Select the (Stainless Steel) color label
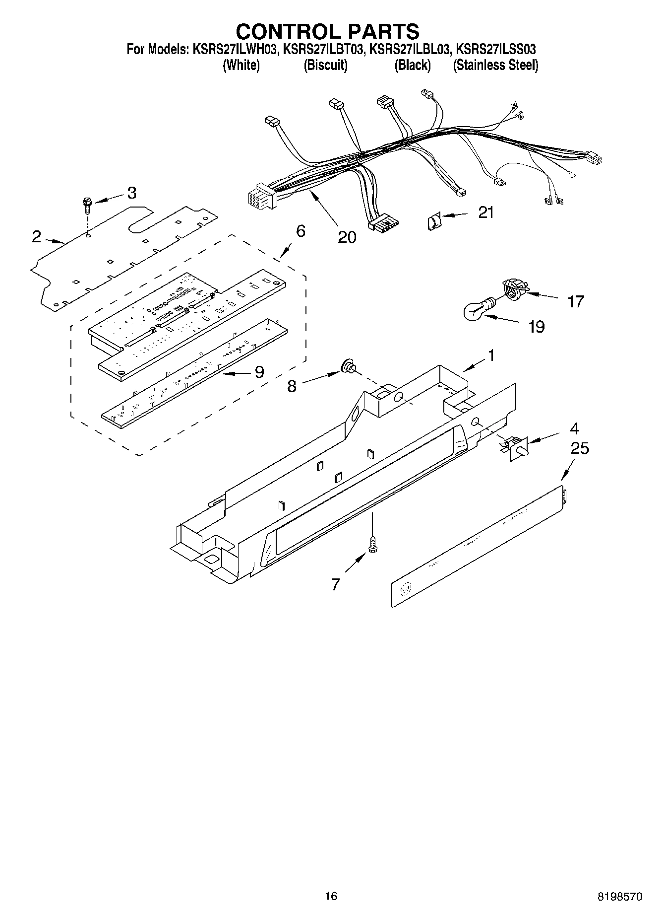point(495,65)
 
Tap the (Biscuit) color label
point(325,65)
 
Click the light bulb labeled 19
point(476,309)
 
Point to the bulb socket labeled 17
point(512,288)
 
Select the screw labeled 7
point(372,544)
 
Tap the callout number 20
point(347,237)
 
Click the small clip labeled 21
point(433,220)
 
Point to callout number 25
point(579,448)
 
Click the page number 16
point(331,896)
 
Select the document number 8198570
point(619,897)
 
